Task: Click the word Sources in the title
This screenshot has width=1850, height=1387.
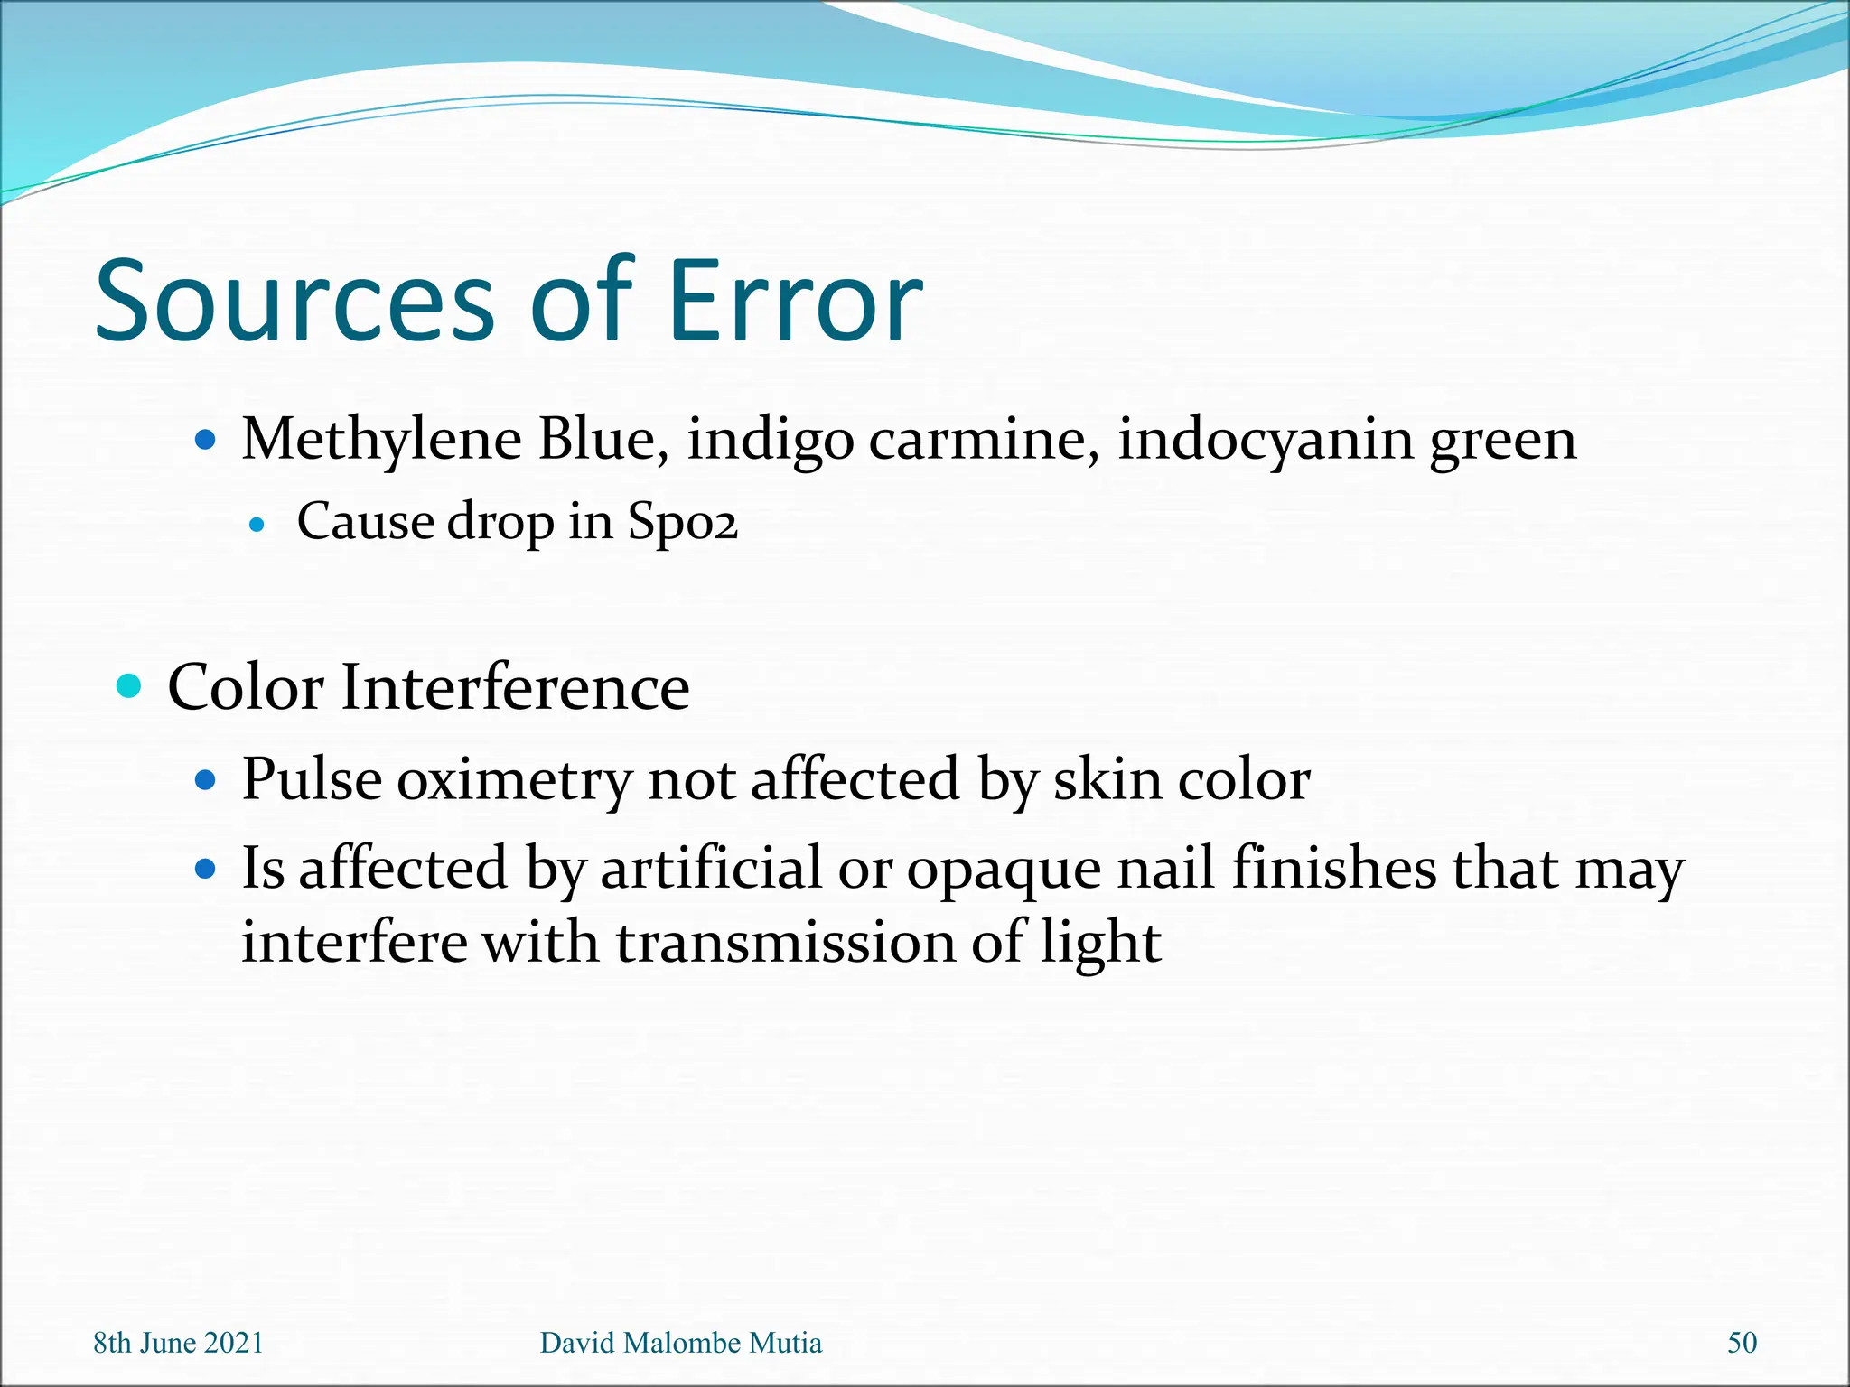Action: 294,302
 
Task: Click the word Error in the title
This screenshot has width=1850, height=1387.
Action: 795,302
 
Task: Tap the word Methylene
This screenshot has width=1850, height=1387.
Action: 381,441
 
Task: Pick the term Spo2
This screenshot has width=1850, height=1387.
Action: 683,523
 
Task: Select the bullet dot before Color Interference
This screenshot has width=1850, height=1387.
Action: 130,686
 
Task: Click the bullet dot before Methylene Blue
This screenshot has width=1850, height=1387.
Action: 206,441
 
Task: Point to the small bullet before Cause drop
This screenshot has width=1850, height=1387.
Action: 257,524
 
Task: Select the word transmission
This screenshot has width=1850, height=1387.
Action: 786,943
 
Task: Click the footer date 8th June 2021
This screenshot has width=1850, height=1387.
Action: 179,1343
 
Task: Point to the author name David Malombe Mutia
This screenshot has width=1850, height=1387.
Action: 681,1343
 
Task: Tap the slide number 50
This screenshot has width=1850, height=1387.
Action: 1742,1343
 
